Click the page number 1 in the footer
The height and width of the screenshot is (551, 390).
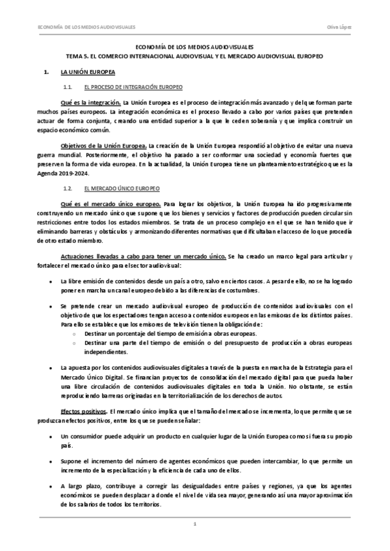point(195,524)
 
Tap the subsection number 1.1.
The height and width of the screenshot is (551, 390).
point(67,86)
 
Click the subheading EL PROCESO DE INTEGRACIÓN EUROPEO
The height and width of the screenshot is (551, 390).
point(133,86)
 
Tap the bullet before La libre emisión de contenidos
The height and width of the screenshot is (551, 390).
point(51,281)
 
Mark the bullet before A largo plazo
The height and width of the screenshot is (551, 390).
point(51,486)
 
